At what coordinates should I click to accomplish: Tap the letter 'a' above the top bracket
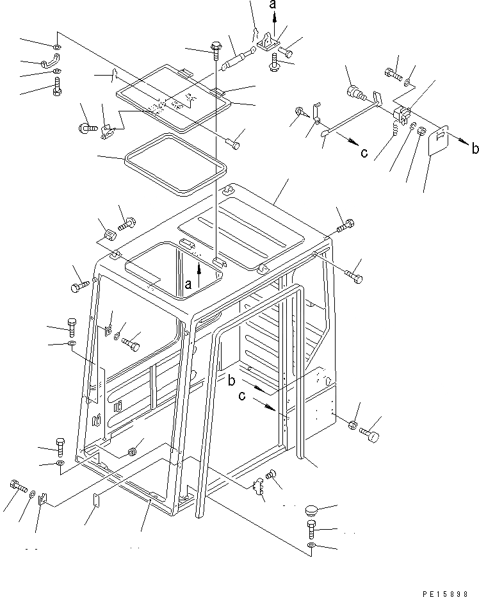(x=273, y=6)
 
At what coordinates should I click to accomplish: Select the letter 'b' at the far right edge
(x=473, y=149)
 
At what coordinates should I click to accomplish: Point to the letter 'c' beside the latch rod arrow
(x=364, y=153)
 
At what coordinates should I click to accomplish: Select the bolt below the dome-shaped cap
(x=311, y=529)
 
